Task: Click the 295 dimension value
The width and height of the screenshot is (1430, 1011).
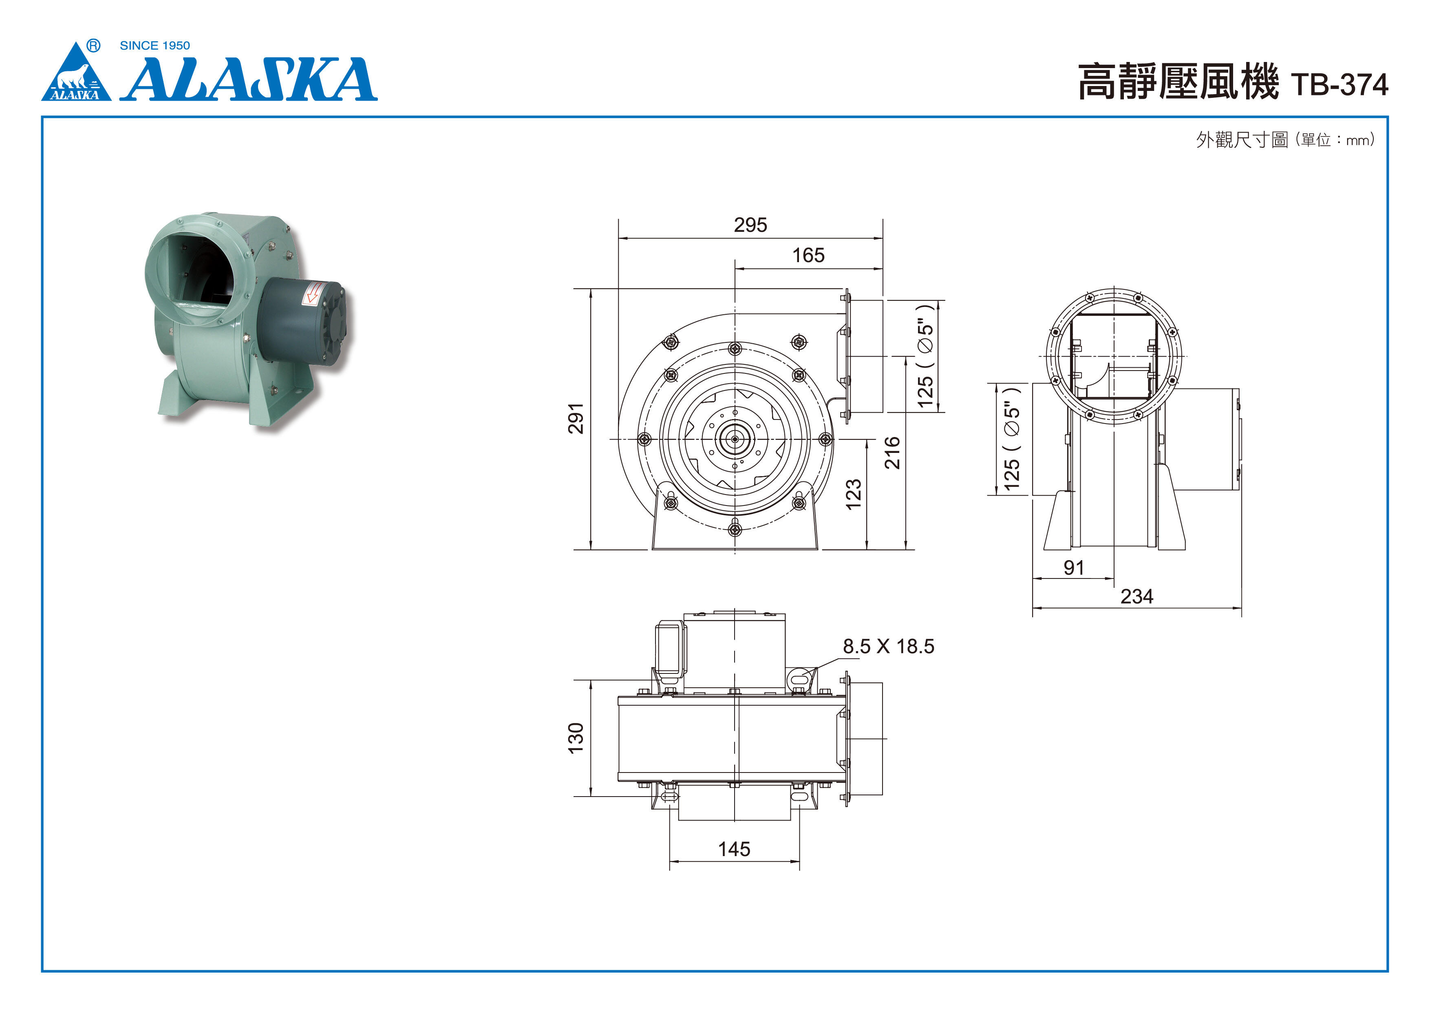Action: pos(750,225)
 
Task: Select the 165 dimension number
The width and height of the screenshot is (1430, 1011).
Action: pos(808,255)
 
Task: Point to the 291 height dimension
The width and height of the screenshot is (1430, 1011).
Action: pos(576,419)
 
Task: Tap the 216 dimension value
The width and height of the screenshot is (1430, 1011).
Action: pos(892,453)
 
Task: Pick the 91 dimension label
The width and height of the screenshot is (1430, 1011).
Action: pos(1074,567)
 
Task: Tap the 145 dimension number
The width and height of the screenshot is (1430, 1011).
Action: pos(734,849)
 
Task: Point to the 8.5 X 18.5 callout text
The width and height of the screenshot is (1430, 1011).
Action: pos(889,647)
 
